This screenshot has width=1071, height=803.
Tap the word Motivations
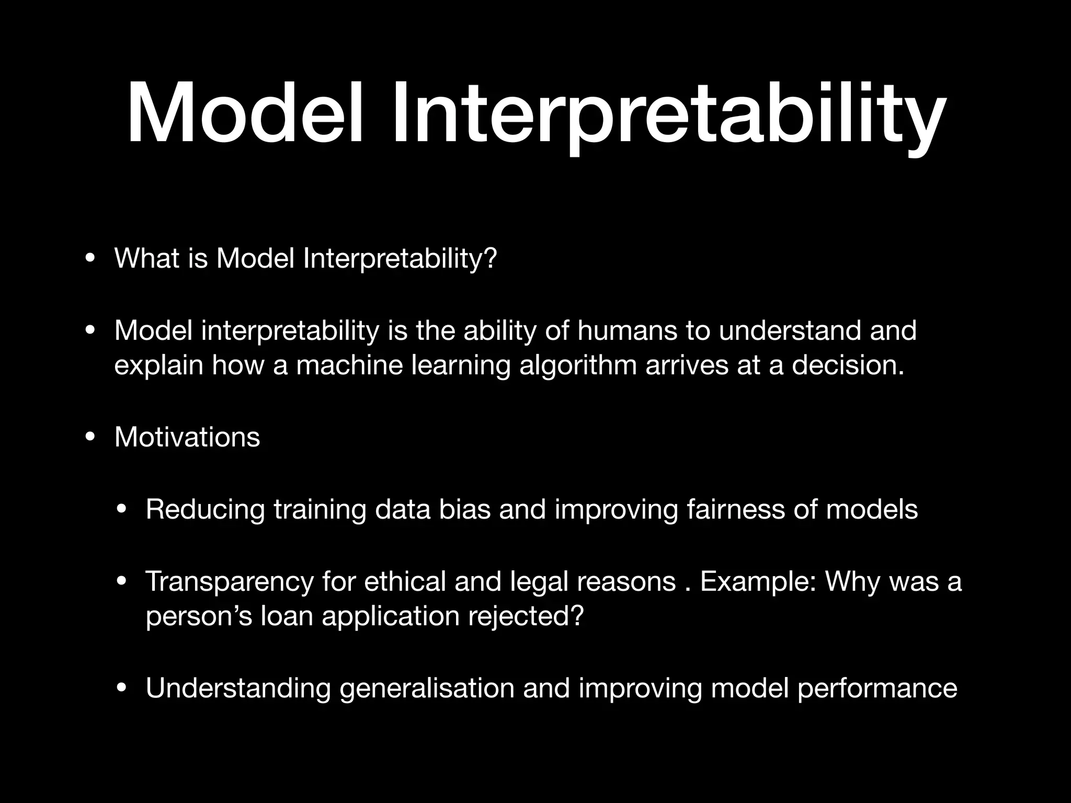point(187,437)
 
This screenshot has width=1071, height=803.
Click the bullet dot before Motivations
point(90,438)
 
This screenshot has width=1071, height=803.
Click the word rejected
point(525,616)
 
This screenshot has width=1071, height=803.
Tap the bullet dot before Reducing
point(121,510)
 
